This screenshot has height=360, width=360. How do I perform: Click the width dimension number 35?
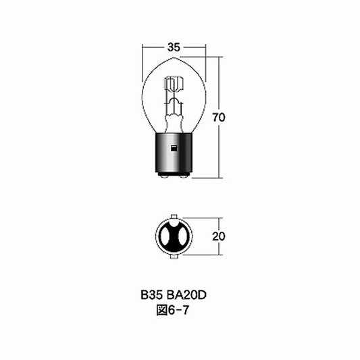click(x=174, y=47)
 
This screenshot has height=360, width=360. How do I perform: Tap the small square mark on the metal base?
click(x=174, y=147)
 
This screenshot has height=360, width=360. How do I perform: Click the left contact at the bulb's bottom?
click(x=165, y=176)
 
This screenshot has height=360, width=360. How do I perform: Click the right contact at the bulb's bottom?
click(x=182, y=176)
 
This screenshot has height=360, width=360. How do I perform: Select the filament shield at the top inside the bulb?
click(x=174, y=86)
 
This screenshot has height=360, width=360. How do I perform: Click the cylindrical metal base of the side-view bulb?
click(x=174, y=153)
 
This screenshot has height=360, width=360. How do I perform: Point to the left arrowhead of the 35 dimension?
click(x=145, y=47)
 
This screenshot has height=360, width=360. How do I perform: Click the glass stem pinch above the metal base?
click(x=174, y=122)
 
